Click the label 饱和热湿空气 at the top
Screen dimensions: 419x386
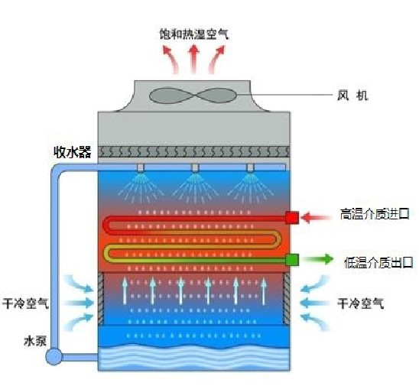tap(194, 34)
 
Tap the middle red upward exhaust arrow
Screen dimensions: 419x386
tap(193, 60)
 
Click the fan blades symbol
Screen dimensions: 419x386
tap(193, 96)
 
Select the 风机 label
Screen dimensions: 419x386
tap(352, 96)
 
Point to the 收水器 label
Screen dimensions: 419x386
tap(73, 152)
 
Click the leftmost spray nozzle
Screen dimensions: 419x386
tap(140, 168)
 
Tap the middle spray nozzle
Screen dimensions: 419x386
tap(195, 168)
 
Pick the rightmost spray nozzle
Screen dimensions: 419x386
tap(250, 168)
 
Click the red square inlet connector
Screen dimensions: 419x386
tap(292, 218)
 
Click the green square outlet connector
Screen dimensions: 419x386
tap(292, 260)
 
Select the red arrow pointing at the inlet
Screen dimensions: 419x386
tap(316, 217)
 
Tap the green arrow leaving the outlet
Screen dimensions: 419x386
tap(318, 259)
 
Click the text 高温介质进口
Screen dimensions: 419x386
tap(375, 214)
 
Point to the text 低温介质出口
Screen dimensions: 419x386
tap(378, 263)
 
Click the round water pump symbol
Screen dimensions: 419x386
tap(54, 357)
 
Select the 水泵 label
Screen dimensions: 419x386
tap(35, 341)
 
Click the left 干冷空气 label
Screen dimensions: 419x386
tap(25, 303)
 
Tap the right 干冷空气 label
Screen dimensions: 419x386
tap(360, 303)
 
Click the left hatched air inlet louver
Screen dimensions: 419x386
tap(101, 299)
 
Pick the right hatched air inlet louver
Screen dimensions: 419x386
tap(286, 299)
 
